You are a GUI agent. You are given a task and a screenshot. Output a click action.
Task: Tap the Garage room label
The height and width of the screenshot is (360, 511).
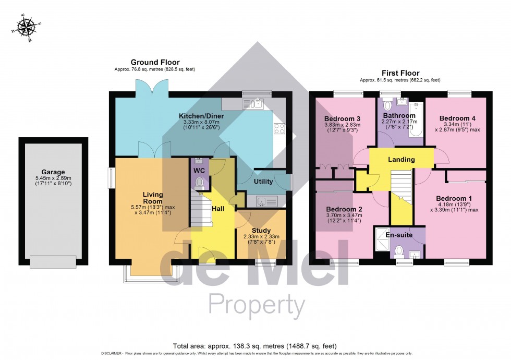pyautogui.click(x=54, y=172)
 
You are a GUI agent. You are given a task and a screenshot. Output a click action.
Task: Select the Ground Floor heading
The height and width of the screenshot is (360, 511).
pyautogui.click(x=155, y=62)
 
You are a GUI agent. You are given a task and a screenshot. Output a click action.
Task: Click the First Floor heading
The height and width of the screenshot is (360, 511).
pyautogui.click(x=400, y=73)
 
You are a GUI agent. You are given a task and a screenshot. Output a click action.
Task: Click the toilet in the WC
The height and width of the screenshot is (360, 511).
pyautogui.click(x=199, y=182)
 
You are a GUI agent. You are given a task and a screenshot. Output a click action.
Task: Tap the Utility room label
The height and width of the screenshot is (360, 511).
pyautogui.click(x=263, y=181)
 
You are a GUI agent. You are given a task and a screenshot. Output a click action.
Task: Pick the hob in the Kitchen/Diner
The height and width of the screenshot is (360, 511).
pyautogui.click(x=279, y=128)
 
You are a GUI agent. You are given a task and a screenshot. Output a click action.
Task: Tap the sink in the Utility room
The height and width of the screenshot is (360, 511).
pyautogui.click(x=263, y=200)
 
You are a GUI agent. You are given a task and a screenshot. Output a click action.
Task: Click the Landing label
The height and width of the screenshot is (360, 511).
pyautogui.click(x=401, y=159)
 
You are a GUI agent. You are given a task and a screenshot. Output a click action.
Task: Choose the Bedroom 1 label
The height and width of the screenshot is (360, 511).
pyautogui.click(x=454, y=198)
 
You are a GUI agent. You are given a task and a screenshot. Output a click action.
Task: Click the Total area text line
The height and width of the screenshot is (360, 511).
pyautogui.click(x=255, y=346)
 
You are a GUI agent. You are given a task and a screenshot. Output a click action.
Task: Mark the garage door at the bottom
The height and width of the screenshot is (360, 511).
pyautogui.click(x=53, y=260)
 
